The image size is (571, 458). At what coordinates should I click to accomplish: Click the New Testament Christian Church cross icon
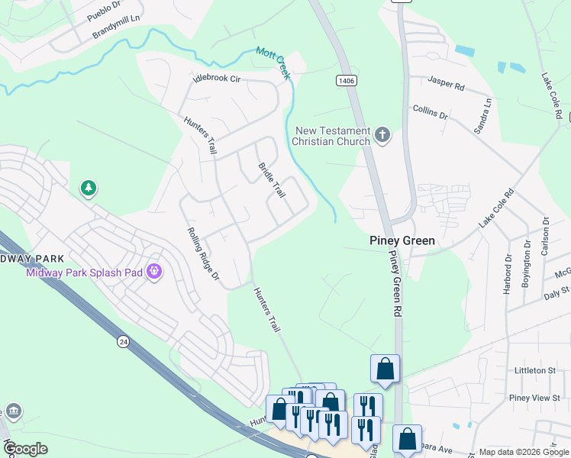click(x=382, y=136)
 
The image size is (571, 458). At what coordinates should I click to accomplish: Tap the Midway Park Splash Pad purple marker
click(x=155, y=271)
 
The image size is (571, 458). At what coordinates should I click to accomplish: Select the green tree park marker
click(x=89, y=188)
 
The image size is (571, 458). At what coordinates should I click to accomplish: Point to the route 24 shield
click(x=123, y=342)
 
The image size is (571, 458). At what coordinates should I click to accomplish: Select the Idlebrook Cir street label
click(x=217, y=78)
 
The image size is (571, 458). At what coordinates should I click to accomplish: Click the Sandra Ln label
click(x=482, y=116)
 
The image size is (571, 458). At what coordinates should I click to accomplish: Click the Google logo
click(x=25, y=448)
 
